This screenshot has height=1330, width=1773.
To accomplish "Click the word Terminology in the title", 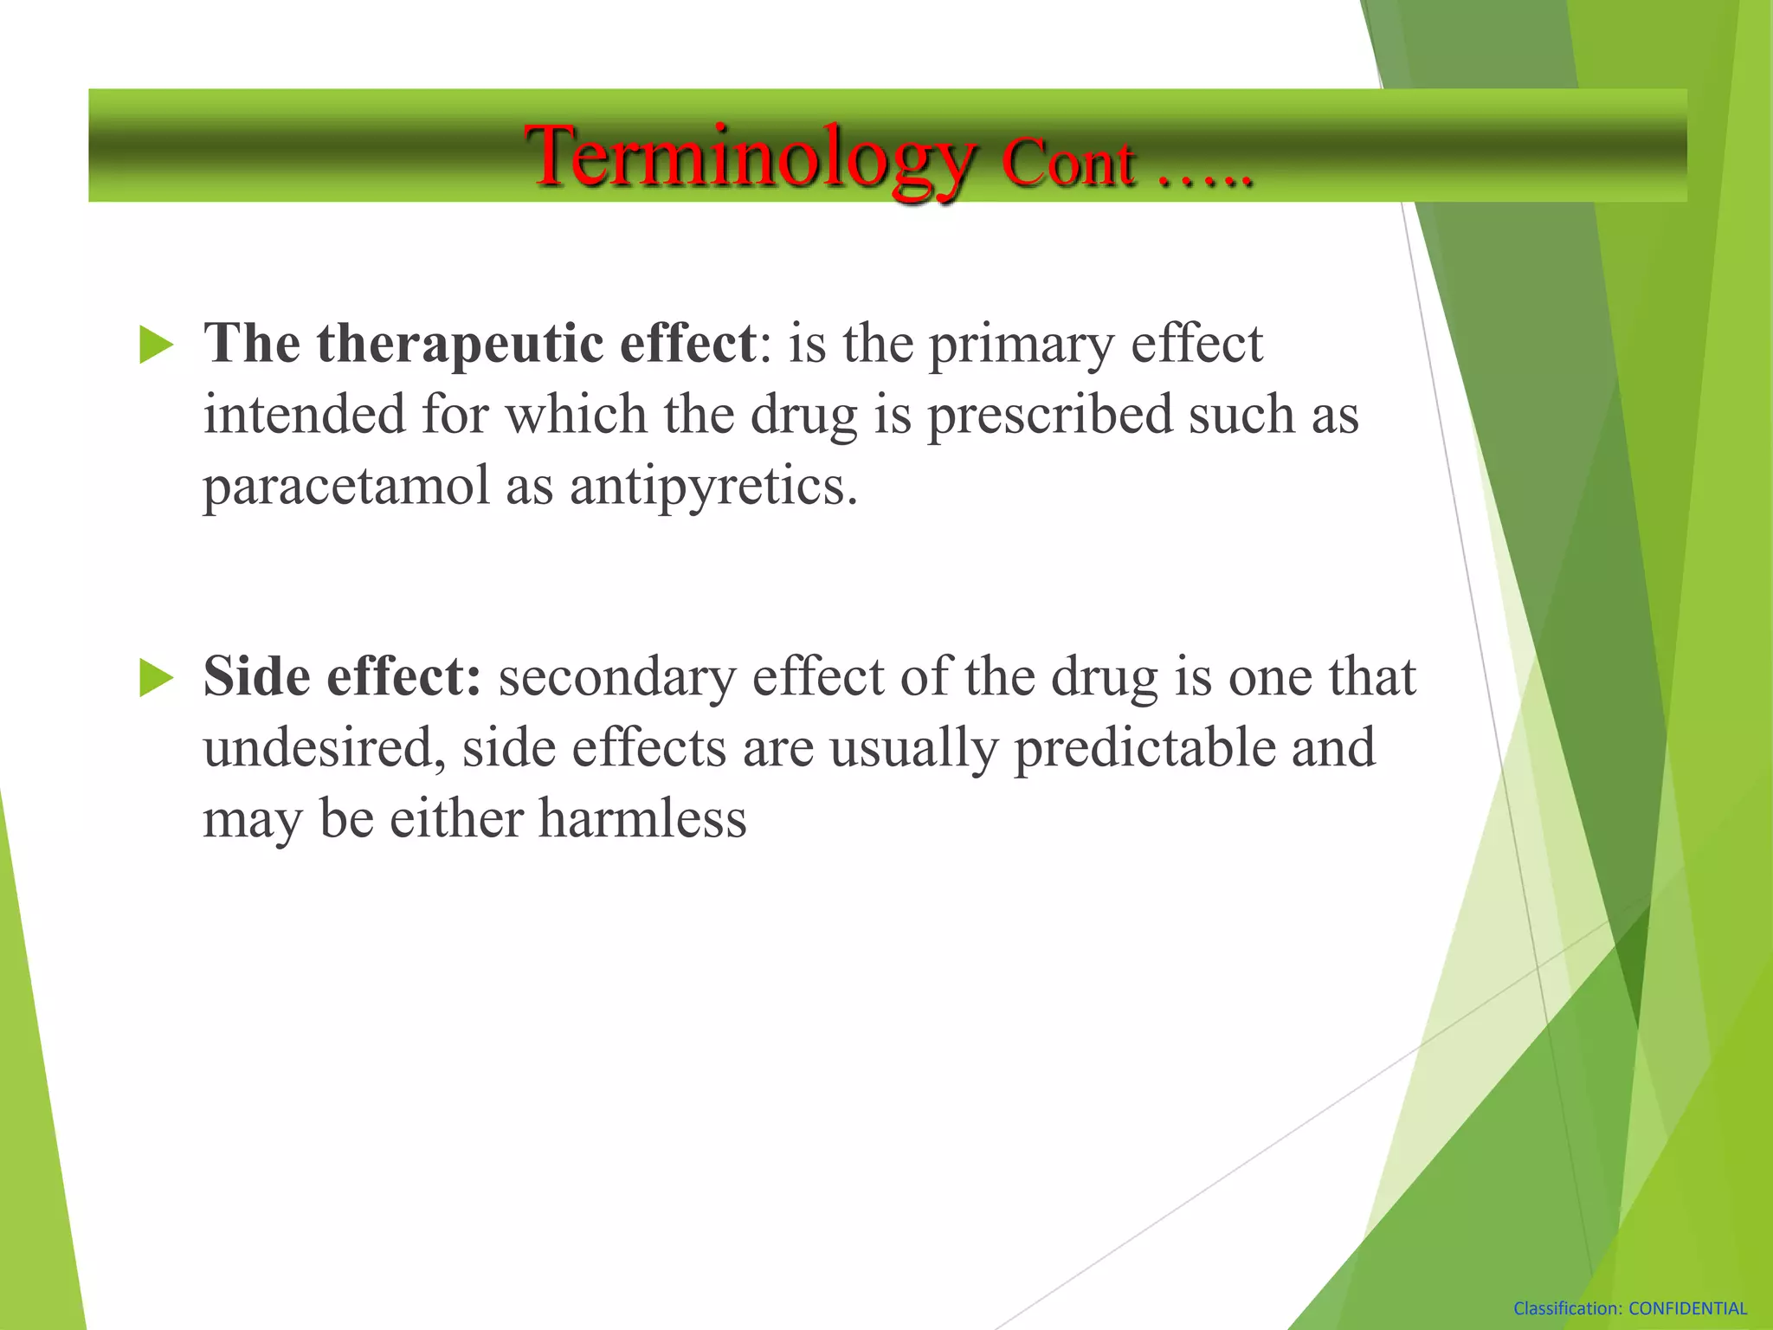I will [x=751, y=158].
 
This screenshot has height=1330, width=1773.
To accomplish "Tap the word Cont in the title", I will [x=1067, y=163].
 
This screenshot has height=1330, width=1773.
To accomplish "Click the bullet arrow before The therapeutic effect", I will [x=156, y=345].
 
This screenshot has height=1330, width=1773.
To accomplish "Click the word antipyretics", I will [x=712, y=487].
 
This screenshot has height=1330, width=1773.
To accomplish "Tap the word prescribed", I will [x=1049, y=415].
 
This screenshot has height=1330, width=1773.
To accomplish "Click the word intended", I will [x=304, y=415].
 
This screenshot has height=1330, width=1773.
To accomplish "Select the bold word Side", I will [x=256, y=677].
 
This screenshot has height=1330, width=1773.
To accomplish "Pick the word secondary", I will [x=616, y=677].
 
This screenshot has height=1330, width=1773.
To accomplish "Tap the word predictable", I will [x=1144, y=748].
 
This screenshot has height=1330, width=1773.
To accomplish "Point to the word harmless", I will [x=642, y=819].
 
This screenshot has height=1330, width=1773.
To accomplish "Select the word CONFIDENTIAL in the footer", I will [x=1687, y=1309].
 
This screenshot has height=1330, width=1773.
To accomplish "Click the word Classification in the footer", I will [x=1567, y=1309].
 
